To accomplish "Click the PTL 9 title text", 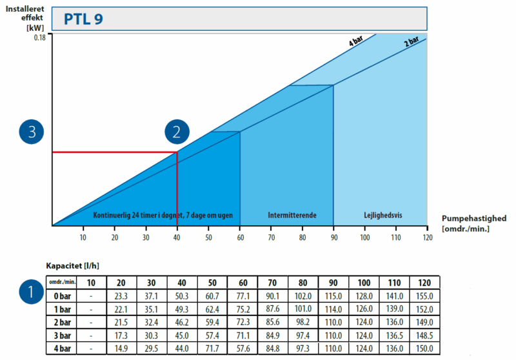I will coord(83,19).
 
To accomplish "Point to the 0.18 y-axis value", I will coord(41,38).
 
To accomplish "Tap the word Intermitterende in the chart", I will coord(292,215).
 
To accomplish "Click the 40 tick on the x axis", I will coord(177,237).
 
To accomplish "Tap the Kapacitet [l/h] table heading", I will coord(72,265).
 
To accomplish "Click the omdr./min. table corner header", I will coord(63,283).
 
